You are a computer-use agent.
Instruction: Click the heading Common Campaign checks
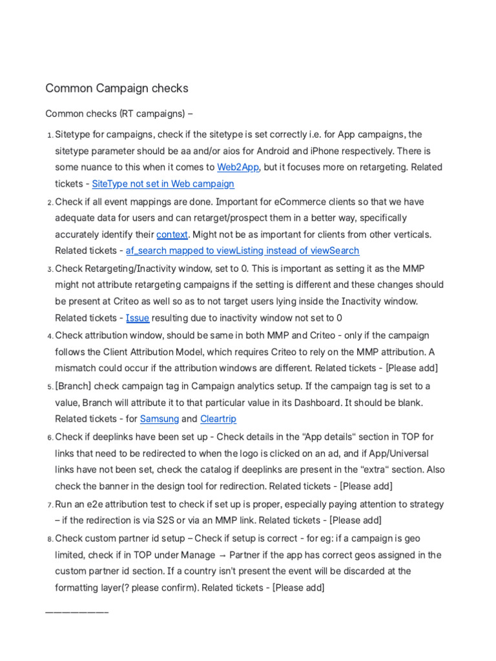116,88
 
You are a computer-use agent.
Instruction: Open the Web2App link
238,167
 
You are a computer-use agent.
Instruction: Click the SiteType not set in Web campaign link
163,184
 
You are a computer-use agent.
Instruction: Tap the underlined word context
172,234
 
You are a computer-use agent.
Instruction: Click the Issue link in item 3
138,318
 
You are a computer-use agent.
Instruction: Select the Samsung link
160,419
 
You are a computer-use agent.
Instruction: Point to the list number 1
50,135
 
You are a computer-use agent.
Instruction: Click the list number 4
50,336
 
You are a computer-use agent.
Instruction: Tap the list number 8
50,538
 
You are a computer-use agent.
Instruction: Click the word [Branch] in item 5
74,386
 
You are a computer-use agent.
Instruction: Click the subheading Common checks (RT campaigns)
119,114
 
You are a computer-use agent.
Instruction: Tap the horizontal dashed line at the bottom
77,611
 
